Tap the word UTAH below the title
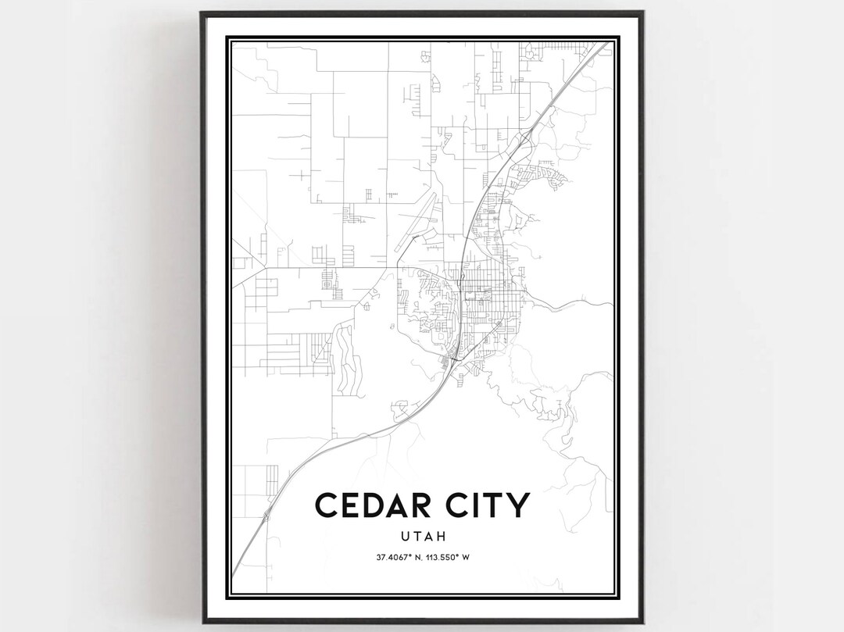(422, 537)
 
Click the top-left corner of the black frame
(202, 12)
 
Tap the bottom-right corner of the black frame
(642, 622)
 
